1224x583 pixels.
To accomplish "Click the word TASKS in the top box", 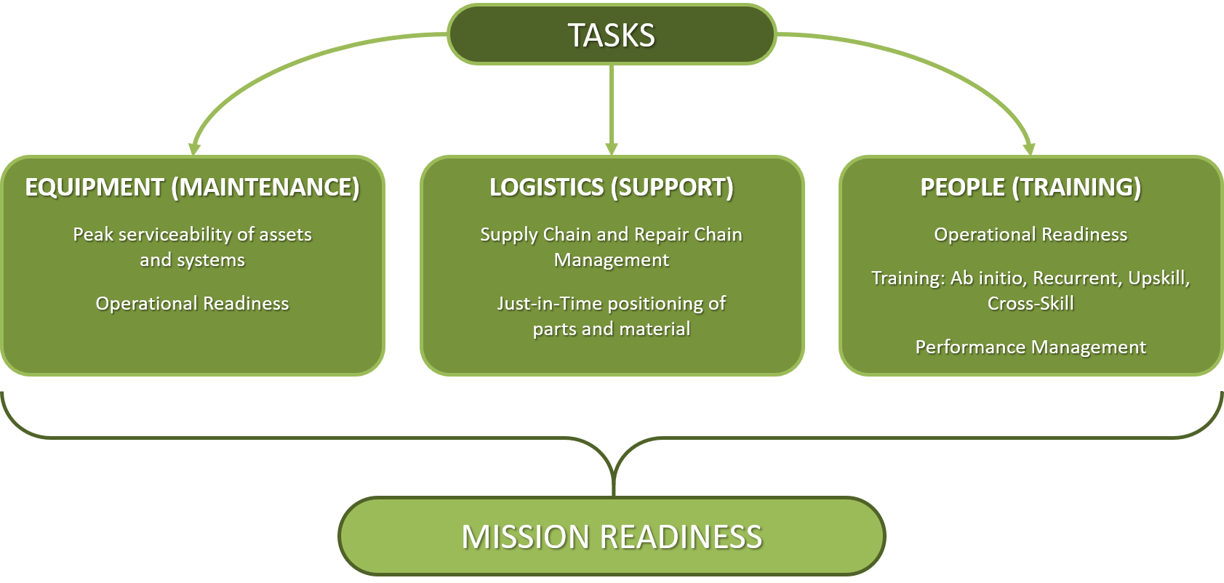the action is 612,36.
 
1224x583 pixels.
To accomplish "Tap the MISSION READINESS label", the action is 612,536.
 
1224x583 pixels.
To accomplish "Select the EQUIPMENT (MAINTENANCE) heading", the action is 192,188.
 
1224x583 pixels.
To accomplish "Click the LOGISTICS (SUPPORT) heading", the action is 612,188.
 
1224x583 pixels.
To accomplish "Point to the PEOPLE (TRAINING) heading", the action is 1031,188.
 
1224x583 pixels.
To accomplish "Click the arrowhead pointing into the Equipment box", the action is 194,149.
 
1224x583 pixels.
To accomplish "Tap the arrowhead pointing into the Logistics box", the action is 612,149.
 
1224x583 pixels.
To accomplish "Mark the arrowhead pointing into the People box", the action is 1029,149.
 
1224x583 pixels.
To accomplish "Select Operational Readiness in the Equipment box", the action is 192,303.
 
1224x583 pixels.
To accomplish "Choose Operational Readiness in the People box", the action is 1031,234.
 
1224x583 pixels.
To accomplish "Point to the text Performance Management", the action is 1031,347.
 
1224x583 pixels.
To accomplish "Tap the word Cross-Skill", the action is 1031,303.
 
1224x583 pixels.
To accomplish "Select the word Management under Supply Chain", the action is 612,261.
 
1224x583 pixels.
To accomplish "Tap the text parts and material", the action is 612,329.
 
